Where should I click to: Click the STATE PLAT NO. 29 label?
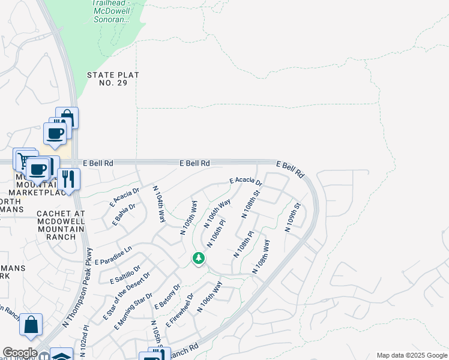pos(113,79)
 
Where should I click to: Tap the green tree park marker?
pos(198,258)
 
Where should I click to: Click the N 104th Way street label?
pos(159,204)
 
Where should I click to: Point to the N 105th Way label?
pos(189,217)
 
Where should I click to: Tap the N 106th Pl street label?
pos(216,233)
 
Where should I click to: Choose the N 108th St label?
pos(250,204)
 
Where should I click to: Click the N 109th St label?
pos(292,220)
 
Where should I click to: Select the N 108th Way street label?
pos(262,257)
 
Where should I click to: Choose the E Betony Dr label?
pos(167,296)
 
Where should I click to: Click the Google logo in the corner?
pos(20,353)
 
